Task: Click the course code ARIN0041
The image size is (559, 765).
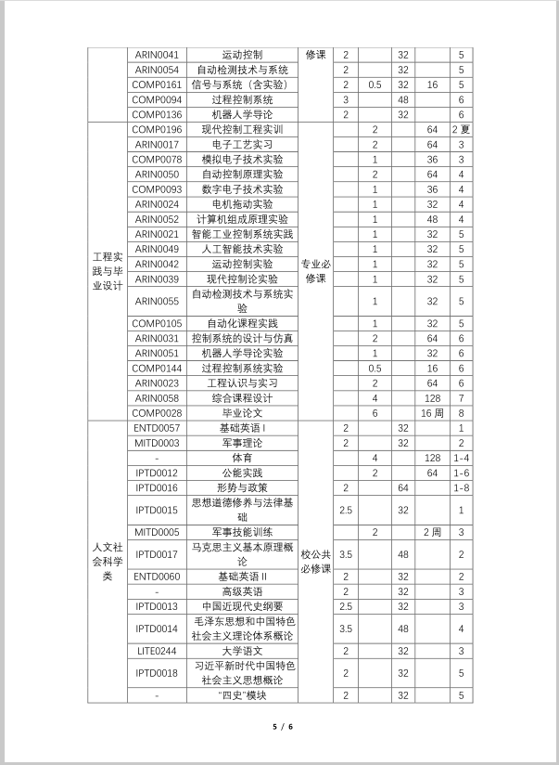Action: [157, 55]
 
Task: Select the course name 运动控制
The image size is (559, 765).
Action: [242, 55]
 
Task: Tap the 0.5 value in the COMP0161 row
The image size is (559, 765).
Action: [375, 84]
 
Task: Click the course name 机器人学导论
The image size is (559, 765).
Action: [242, 114]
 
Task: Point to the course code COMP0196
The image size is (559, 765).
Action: [157, 129]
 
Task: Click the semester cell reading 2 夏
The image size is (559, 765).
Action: [461, 129]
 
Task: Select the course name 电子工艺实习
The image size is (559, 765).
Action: [242, 144]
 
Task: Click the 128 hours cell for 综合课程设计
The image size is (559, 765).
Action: [431, 397]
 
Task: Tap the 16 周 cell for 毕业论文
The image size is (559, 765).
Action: [431, 412]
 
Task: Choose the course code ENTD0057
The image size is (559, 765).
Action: [157, 428]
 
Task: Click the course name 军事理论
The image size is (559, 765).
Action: [242, 443]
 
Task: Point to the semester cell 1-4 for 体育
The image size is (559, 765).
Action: [461, 458]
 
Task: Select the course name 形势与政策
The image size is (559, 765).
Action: [242, 487]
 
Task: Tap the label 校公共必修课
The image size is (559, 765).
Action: [315, 562]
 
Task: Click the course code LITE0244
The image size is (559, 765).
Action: [157, 651]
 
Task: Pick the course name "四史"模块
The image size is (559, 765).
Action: [242, 695]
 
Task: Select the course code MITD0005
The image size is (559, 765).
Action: [157, 532]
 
